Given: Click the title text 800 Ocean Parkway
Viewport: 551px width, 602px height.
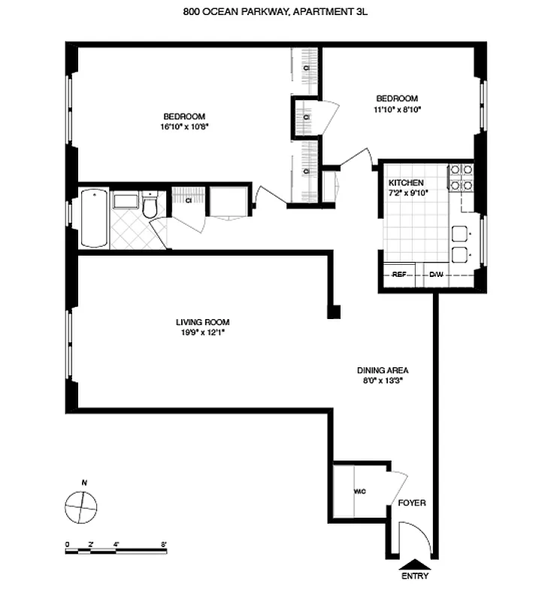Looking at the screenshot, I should [x=275, y=11].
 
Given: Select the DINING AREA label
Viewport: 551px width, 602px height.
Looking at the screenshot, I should [x=382, y=370].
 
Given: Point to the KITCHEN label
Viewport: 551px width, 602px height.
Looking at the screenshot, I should [x=406, y=183].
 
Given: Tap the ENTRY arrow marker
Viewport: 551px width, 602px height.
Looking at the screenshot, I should [x=415, y=564].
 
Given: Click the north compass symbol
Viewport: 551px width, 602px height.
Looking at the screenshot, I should [x=81, y=506].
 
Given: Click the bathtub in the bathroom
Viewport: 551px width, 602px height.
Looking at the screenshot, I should [x=94, y=218].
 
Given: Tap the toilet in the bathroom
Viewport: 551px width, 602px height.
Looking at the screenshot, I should [x=150, y=207].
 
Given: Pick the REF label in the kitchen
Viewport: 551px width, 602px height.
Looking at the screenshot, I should [x=399, y=275].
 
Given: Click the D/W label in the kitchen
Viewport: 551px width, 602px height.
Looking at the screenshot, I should [x=435, y=275].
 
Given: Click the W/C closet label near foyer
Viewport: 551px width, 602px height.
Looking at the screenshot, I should [x=359, y=492].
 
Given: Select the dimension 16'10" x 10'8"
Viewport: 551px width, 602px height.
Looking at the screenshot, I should [x=184, y=126].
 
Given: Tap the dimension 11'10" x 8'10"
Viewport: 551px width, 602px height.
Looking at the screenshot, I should [x=398, y=109].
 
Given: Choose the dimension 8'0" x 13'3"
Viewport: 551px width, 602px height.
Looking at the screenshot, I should [x=382, y=380].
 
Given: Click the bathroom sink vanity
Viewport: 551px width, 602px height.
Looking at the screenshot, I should [x=125, y=201].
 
